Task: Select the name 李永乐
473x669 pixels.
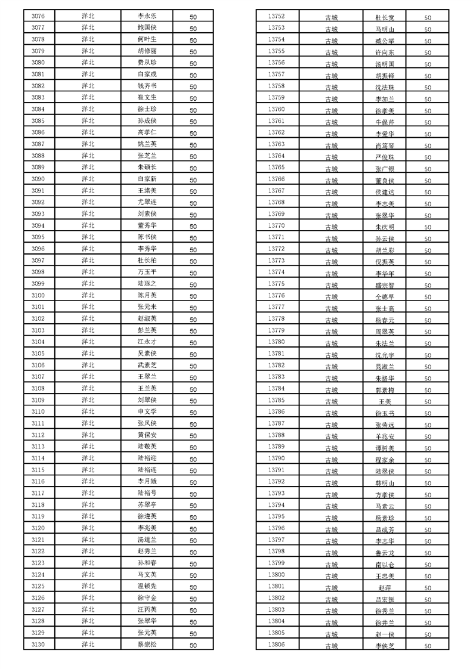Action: pyautogui.click(x=147, y=16)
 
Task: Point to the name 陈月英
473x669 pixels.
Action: pyautogui.click(x=147, y=295)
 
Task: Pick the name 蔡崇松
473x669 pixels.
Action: pyautogui.click(x=147, y=645)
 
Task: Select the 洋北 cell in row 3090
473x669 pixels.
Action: pyautogui.click(x=88, y=179)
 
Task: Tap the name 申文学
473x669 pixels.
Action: pyautogui.click(x=147, y=412)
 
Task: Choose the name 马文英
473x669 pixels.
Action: pyautogui.click(x=147, y=575)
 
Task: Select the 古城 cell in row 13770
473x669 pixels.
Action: pyautogui.click(x=331, y=227)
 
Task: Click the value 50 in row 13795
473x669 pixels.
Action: pyautogui.click(x=428, y=518)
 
